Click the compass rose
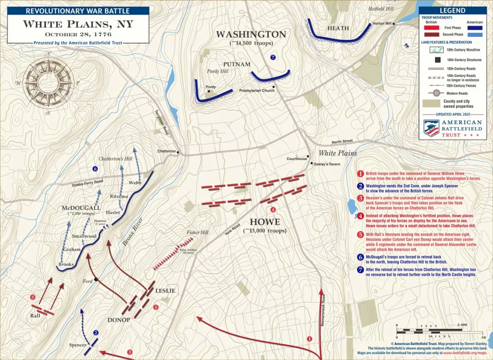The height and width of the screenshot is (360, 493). click(48, 82)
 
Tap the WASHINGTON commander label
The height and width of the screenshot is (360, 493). click(251, 34)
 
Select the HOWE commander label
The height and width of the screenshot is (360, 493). click(265, 222)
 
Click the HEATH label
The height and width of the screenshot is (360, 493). click(338, 28)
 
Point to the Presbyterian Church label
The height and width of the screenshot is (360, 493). click(257, 91)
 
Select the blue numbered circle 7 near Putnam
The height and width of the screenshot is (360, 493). click(273, 57)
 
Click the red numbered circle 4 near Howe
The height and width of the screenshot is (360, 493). click(273, 209)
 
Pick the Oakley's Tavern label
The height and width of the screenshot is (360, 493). click(328, 164)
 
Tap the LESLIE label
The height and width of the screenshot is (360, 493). click(165, 290)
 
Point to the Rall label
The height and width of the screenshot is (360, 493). click(36, 316)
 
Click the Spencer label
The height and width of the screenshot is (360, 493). click(77, 345)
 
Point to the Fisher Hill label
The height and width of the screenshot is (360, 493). click(197, 232)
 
